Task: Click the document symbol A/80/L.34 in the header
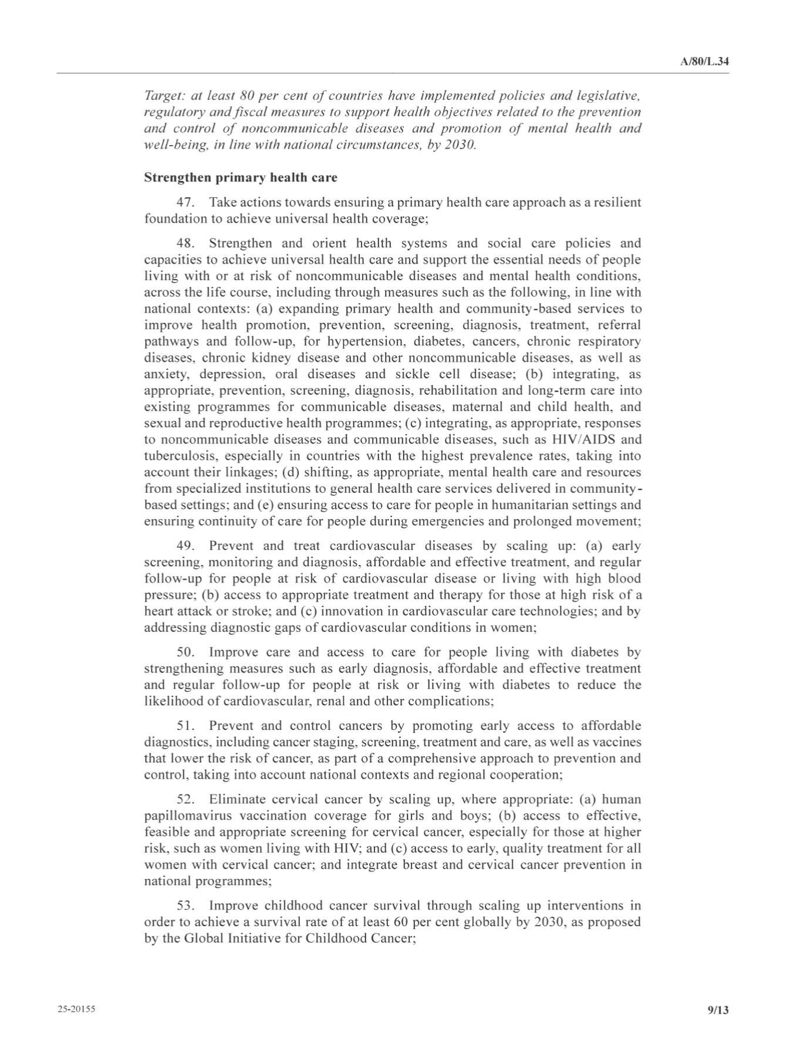(x=704, y=62)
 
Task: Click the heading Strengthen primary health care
(x=241, y=177)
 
